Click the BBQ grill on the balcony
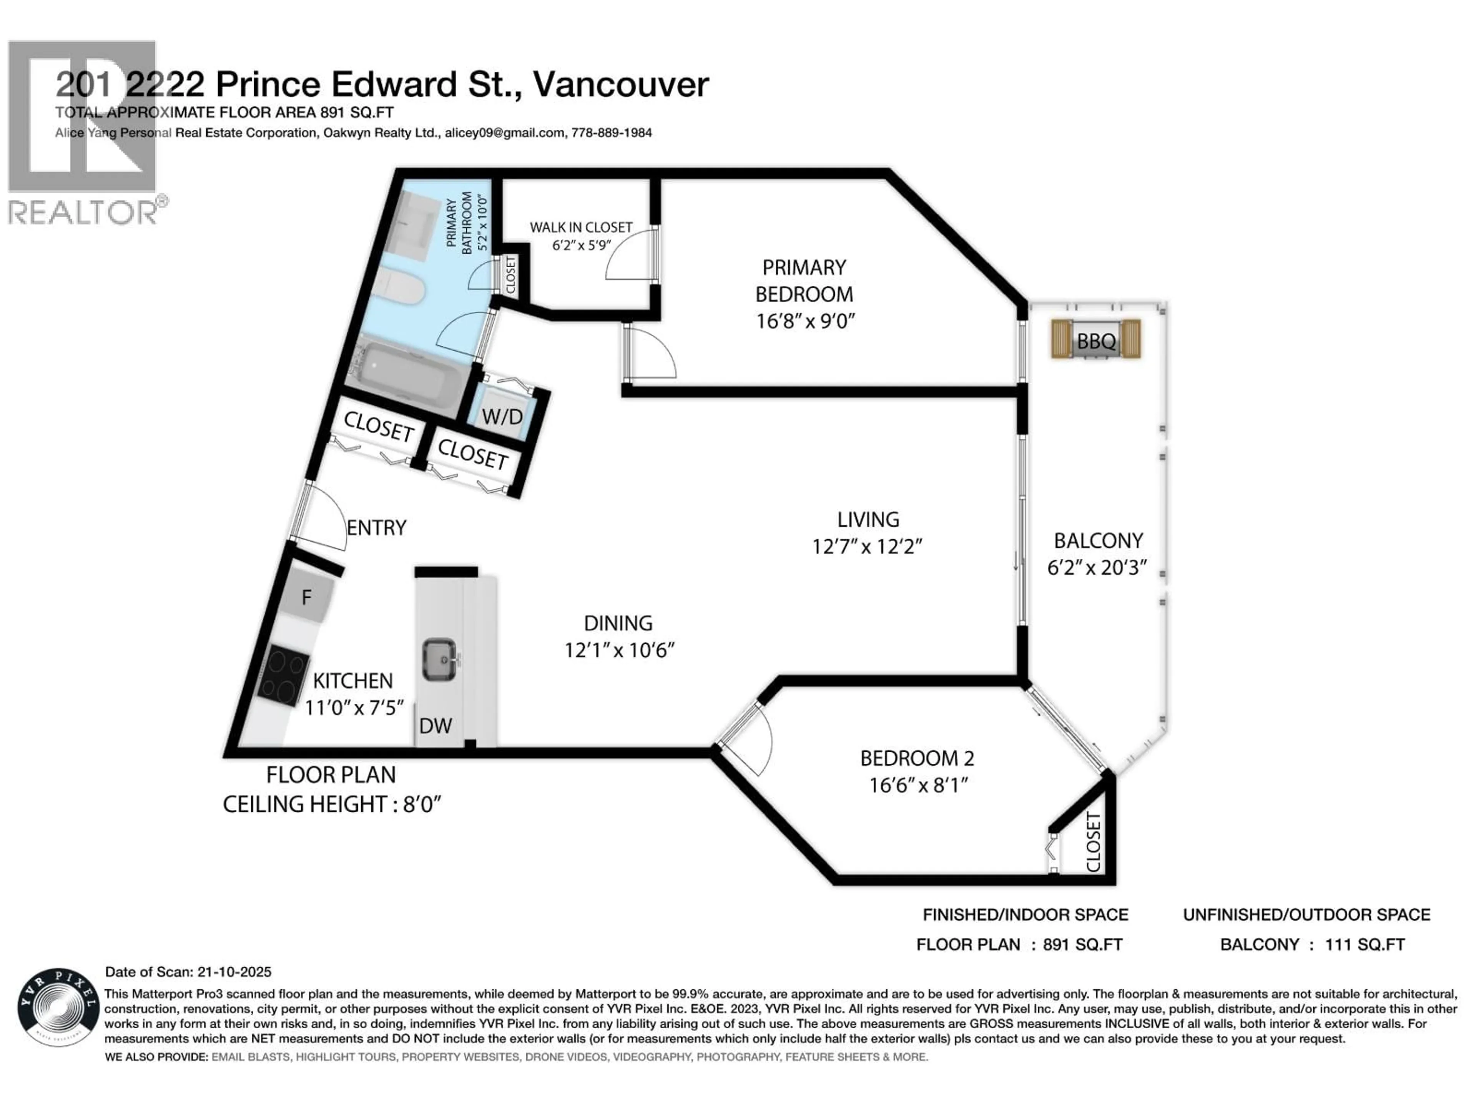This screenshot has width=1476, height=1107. (1095, 340)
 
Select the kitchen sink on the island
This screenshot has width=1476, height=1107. (439, 658)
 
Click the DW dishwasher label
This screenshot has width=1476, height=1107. (435, 725)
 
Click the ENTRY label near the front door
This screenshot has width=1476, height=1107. (376, 528)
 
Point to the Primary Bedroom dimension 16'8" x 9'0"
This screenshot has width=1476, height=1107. (805, 321)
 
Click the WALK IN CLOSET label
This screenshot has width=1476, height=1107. (580, 228)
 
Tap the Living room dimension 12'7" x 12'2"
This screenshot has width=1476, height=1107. (867, 547)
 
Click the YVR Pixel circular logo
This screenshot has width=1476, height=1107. (59, 1007)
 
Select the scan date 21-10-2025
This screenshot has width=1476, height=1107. (234, 972)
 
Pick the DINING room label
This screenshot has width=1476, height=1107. (618, 623)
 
